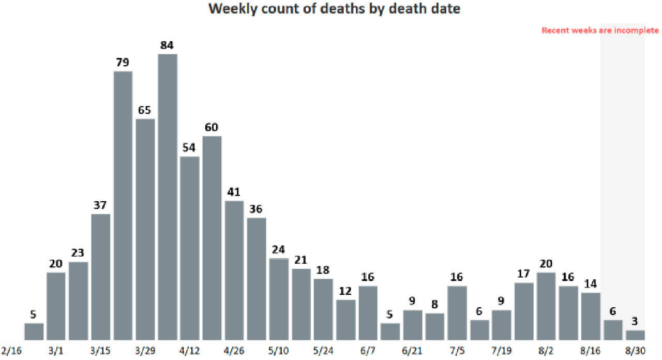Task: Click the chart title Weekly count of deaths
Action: tap(334, 9)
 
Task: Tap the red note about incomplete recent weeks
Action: tap(600, 31)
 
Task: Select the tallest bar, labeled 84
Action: tap(168, 197)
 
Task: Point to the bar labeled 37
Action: tap(101, 276)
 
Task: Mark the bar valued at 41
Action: tap(234, 269)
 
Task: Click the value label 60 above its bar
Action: tap(212, 127)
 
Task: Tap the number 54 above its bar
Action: tap(190, 147)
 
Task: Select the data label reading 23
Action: tap(79, 253)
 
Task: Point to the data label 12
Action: tap(345, 291)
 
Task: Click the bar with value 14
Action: tap(591, 316)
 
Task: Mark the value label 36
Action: tap(257, 209)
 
